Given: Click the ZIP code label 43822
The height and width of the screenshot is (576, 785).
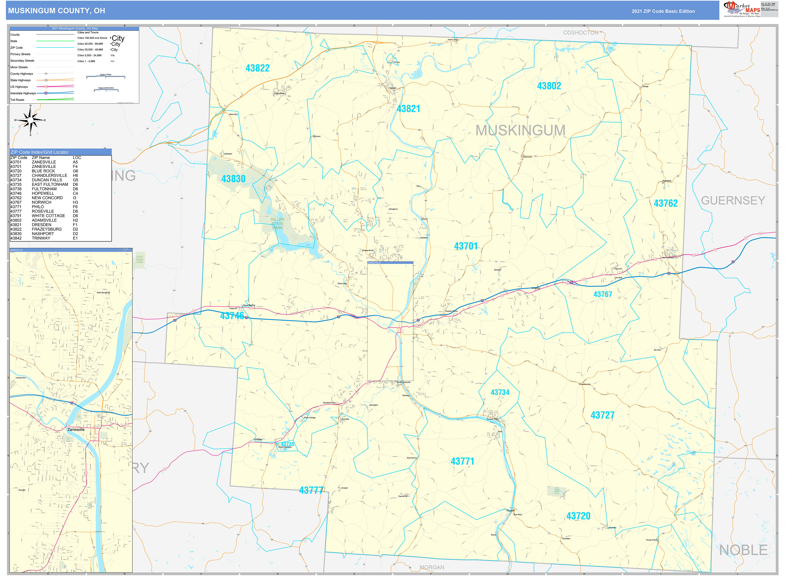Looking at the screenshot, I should pyautogui.click(x=257, y=68).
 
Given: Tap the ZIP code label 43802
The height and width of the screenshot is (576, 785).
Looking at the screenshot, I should pyautogui.click(x=549, y=86).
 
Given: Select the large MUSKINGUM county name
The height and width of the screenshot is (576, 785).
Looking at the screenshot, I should pyautogui.click(x=520, y=130).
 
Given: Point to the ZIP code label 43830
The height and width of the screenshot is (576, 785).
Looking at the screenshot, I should pyautogui.click(x=233, y=179).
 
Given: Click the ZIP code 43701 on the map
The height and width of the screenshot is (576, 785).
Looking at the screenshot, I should pyautogui.click(x=466, y=246).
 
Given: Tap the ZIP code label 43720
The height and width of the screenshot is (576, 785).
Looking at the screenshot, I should pyautogui.click(x=578, y=516).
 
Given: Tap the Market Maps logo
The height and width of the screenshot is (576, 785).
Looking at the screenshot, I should pyautogui.click(x=741, y=9).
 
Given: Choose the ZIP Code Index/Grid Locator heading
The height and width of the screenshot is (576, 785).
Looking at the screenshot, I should pyautogui.click(x=39, y=152).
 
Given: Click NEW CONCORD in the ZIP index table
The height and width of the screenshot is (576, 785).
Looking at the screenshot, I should pyautogui.click(x=47, y=198).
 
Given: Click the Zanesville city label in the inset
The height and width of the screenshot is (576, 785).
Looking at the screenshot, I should pyautogui.click(x=76, y=430).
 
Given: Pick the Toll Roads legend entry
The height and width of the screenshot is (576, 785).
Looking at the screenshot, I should pyautogui.click(x=18, y=100).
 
